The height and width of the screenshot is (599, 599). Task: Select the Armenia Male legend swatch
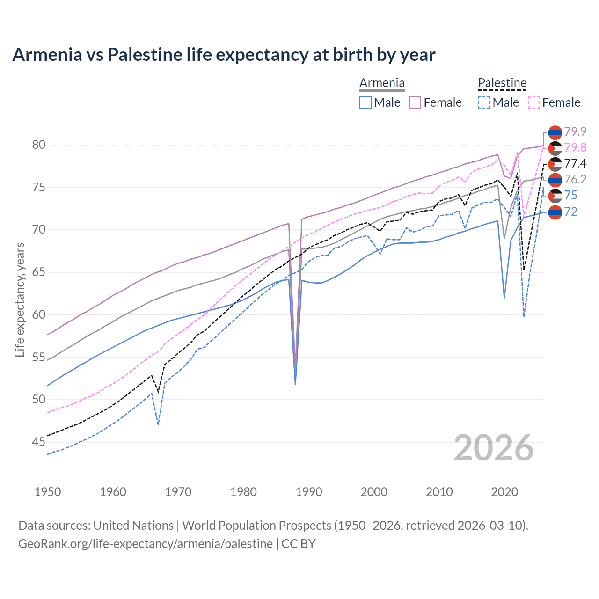click(365, 102)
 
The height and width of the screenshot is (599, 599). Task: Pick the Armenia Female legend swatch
click(415, 102)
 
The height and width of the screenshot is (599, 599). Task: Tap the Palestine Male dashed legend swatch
click(484, 102)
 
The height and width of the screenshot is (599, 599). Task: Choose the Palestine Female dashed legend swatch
click(534, 102)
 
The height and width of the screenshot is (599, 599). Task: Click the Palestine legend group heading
click(502, 83)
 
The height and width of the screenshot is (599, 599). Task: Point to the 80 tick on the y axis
click(39, 145)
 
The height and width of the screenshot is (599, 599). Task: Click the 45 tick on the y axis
click(39, 442)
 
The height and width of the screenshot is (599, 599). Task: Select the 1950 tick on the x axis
click(48, 492)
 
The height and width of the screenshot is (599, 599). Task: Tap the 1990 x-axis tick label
click(309, 492)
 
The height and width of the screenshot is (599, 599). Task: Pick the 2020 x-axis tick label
click(504, 492)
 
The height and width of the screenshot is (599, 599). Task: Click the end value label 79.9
click(575, 131)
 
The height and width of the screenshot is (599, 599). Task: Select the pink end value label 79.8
click(575, 147)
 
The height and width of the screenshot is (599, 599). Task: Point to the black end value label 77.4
click(575, 163)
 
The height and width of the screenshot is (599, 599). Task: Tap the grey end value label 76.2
click(575, 179)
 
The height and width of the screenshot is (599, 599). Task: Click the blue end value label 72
click(571, 212)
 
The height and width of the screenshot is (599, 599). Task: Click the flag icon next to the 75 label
click(555, 196)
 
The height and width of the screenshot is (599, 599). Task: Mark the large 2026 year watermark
click(494, 448)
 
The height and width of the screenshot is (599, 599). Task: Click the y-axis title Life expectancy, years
click(20, 299)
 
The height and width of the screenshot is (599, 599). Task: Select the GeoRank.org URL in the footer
click(145, 544)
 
